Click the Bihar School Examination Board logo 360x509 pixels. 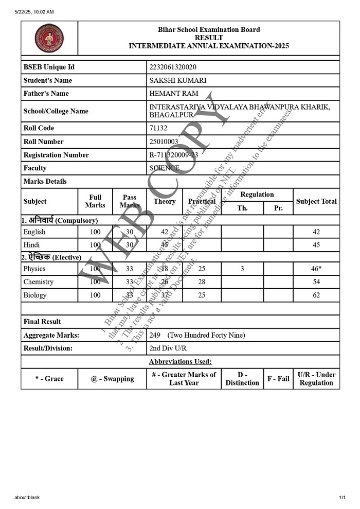pos(49,38)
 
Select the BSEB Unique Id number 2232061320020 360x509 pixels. pos(172,67)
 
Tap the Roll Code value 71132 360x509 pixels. pos(158,128)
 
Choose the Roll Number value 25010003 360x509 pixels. pos(164,142)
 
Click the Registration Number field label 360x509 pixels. pos(56,155)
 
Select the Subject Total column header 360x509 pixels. pos(316,201)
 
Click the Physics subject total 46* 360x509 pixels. pos(317,269)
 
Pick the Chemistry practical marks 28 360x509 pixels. pos(202,282)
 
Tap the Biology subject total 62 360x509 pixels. pos(316,295)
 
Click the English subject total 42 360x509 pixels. pos(316,232)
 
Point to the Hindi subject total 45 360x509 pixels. pos(316,245)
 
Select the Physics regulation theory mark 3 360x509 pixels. pos(242,269)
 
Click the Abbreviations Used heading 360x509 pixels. pos(180,362)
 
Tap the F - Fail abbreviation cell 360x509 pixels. pos(278,379)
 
